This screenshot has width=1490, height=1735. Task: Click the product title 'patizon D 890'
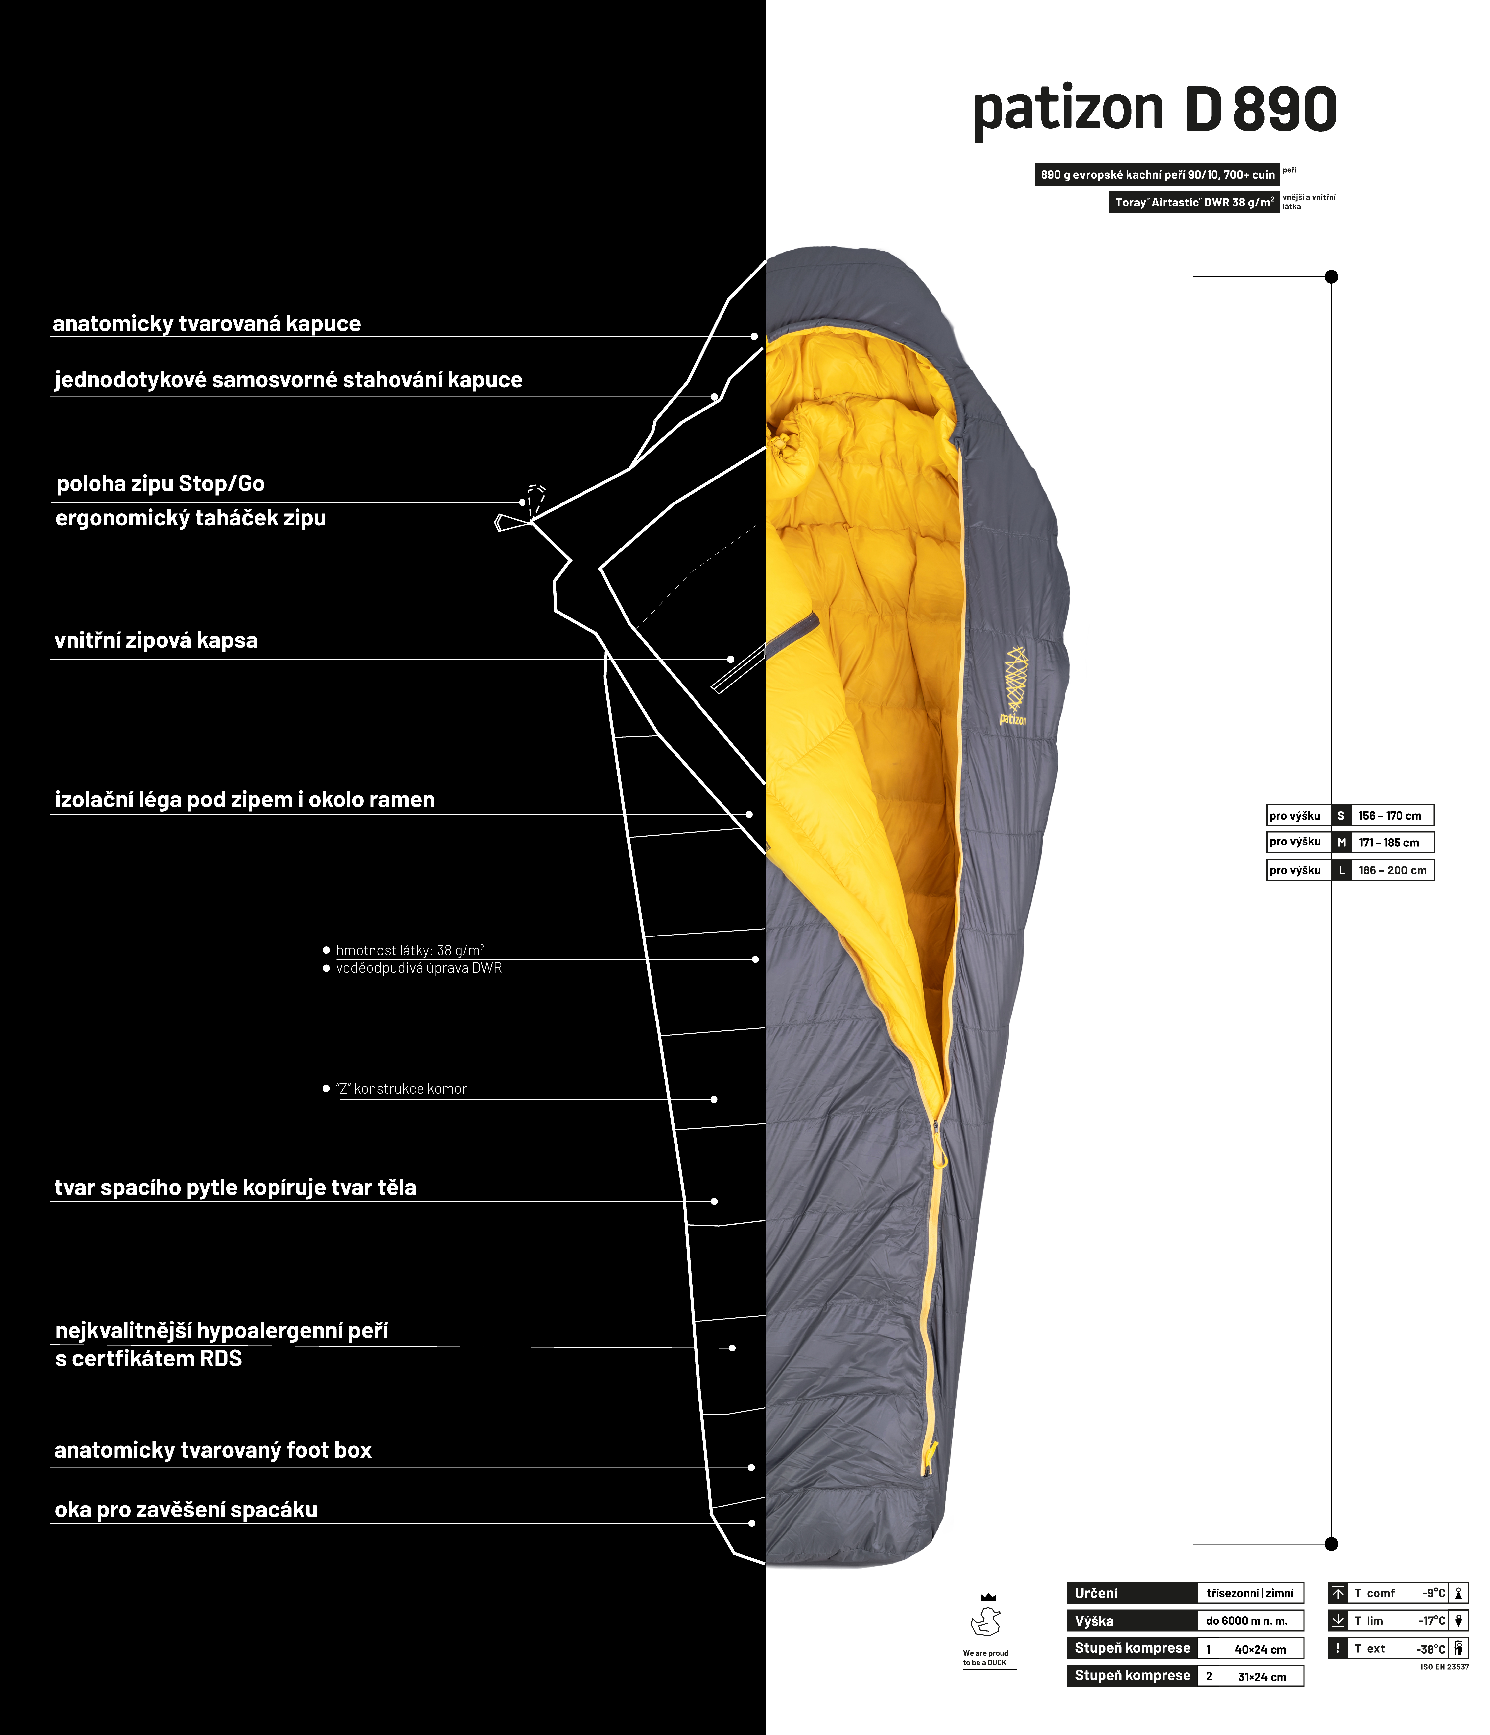tap(1154, 110)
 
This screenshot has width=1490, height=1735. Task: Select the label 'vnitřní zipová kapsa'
tap(156, 640)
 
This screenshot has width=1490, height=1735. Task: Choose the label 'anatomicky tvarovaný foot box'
tap(213, 1450)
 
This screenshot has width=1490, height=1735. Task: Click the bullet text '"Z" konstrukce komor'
tap(401, 1089)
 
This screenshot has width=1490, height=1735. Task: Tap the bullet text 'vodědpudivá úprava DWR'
tap(419, 968)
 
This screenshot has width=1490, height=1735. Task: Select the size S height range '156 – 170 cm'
tap(1390, 816)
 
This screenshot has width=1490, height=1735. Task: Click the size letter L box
tap(1341, 870)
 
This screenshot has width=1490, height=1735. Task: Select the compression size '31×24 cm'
tap(1261, 1676)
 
